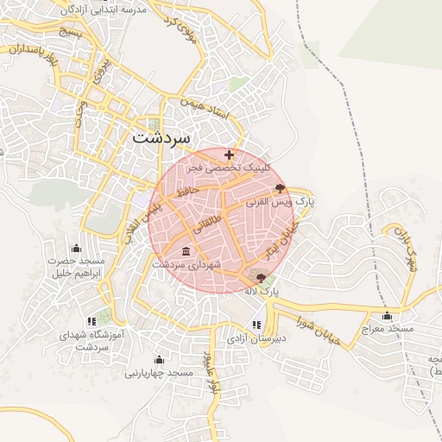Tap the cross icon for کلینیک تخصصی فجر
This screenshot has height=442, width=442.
(x=229, y=155)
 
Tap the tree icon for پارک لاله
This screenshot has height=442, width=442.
(x=262, y=278)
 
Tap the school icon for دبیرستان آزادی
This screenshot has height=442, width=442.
(x=256, y=325)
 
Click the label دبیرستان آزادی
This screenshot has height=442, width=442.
(x=256, y=338)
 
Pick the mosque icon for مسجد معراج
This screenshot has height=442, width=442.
(x=387, y=315)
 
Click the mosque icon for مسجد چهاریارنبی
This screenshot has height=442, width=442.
(x=159, y=359)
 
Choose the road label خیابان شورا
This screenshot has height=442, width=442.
(x=338, y=328)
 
